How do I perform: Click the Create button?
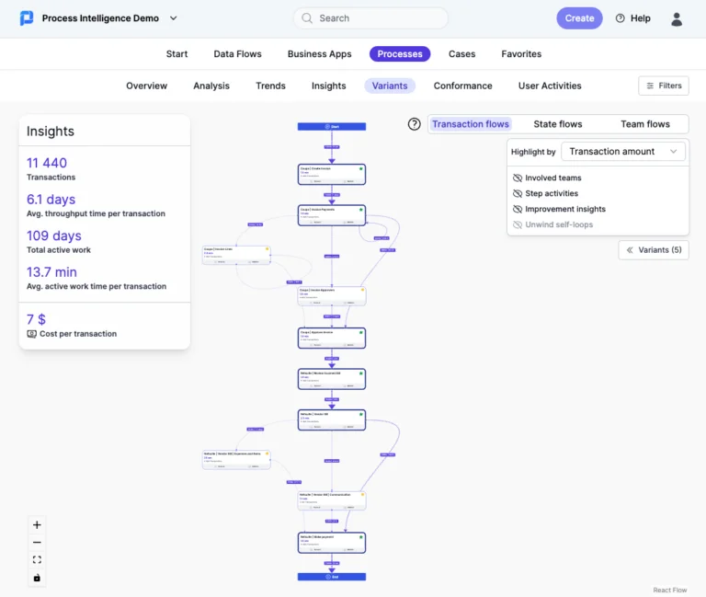pos(579,18)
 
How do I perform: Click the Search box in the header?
pos(370,18)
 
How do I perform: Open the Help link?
pos(632,18)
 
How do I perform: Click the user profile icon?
pos(677,18)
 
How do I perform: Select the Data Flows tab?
pos(237,54)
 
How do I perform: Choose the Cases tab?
pos(461,54)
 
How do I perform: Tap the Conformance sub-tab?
pos(462,86)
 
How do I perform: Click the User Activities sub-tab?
pos(550,86)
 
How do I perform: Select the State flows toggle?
pos(557,124)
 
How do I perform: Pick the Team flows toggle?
pos(644,124)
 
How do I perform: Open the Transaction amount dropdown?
pos(623,152)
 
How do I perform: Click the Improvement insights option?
pos(564,209)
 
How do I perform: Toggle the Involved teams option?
pos(552,178)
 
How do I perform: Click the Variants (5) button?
pos(654,250)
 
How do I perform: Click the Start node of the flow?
pos(332,127)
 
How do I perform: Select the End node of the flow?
pos(332,577)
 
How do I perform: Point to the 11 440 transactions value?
pos(47,163)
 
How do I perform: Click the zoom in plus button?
pos(37,525)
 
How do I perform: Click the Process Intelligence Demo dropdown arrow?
pos(174,18)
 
